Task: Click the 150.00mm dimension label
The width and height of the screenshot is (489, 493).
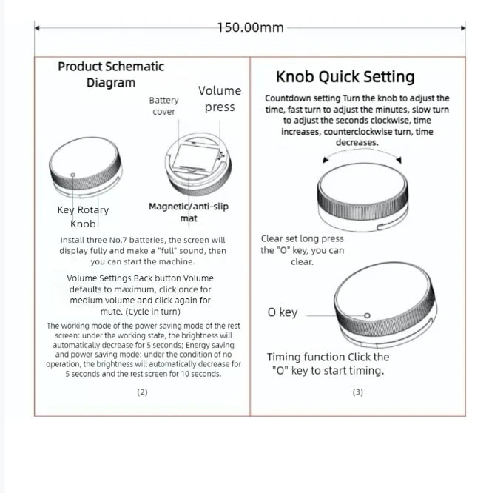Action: click(x=250, y=27)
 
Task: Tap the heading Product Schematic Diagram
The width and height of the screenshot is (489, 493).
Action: click(x=111, y=74)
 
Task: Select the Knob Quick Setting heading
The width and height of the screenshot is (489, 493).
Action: click(x=345, y=77)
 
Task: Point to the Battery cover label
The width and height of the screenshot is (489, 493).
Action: click(x=163, y=106)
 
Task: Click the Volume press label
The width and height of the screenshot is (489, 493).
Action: click(x=220, y=98)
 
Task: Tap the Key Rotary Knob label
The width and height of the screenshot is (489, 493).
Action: click(x=83, y=216)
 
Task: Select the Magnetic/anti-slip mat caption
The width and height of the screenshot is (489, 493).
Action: click(x=189, y=212)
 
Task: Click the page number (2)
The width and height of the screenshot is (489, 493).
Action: click(x=142, y=392)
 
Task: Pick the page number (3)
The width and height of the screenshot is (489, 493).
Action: click(x=357, y=392)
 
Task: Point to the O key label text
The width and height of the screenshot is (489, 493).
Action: click(x=283, y=312)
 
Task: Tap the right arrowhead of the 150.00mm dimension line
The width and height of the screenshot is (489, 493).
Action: click(x=464, y=28)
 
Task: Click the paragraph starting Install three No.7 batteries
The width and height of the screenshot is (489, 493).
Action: click(x=143, y=250)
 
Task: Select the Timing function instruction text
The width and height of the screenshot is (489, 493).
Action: click(x=328, y=363)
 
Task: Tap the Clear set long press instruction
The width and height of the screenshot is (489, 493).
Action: click(x=302, y=250)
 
